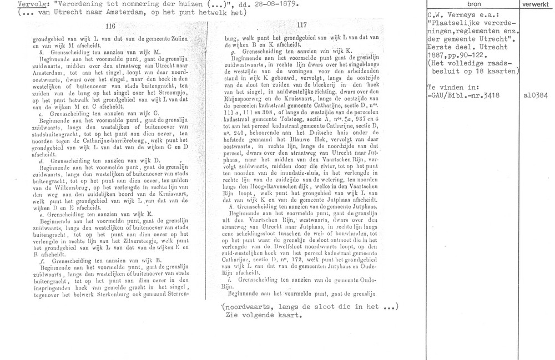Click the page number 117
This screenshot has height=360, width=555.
coord(302,25)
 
